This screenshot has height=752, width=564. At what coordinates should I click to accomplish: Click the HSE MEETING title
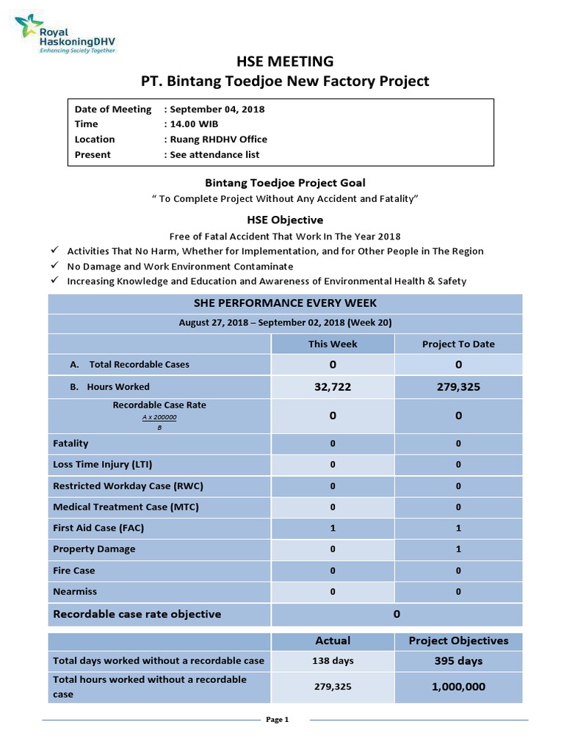click(284, 61)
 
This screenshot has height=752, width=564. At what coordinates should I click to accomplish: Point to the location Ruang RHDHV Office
click(219, 139)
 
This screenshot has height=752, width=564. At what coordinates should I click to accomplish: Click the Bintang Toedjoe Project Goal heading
click(283, 183)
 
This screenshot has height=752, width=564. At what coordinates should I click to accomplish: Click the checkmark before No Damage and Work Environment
click(54, 266)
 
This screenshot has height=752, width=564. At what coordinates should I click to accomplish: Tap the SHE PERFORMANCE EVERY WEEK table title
click(284, 303)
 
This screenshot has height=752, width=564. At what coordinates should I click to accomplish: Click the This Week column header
click(333, 344)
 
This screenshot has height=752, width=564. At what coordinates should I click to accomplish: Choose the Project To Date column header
click(458, 344)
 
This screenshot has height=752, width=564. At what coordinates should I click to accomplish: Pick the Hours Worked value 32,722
click(333, 386)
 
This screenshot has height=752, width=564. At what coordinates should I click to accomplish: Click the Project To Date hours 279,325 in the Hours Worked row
click(458, 386)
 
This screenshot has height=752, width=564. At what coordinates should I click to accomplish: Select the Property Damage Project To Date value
click(458, 549)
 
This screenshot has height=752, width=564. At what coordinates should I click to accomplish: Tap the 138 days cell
click(333, 661)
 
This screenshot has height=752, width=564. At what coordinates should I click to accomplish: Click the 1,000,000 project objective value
click(458, 687)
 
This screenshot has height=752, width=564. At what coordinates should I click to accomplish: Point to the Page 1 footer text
click(277, 720)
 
